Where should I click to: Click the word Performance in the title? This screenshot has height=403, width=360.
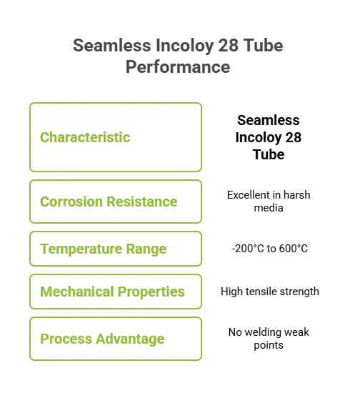click(178, 67)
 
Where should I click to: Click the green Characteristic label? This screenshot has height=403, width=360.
click(85, 137)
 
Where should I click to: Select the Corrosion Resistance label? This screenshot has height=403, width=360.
click(109, 201)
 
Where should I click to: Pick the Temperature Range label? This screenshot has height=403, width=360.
click(104, 249)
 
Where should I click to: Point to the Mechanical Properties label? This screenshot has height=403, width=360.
click(112, 292)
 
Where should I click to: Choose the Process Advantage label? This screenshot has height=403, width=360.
click(102, 339)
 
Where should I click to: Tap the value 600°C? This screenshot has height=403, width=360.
click(294, 249)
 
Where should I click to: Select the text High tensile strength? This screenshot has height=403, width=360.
click(270, 292)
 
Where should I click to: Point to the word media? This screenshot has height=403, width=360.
click(269, 208)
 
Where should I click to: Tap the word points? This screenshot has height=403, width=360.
click(269, 345)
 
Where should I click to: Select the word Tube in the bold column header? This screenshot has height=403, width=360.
click(269, 154)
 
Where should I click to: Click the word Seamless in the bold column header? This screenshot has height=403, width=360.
click(269, 120)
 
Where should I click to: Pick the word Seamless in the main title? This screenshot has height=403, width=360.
click(111, 46)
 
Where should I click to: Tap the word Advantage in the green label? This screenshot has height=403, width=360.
click(130, 339)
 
